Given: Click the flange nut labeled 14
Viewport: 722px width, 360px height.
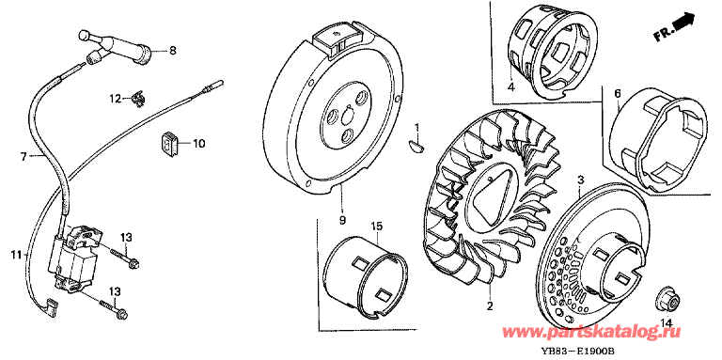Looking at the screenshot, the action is [x=665, y=300].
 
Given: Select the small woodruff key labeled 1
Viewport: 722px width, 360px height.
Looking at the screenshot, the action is [x=417, y=145].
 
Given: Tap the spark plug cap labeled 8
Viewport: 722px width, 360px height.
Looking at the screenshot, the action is [x=115, y=47].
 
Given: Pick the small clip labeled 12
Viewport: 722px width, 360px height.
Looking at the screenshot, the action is [x=137, y=99].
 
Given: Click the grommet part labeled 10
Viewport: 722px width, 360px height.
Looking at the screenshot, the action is [x=169, y=144].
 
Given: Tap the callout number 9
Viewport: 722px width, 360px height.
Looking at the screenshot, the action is [x=342, y=220].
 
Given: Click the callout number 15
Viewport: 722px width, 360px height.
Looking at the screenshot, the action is [x=377, y=226].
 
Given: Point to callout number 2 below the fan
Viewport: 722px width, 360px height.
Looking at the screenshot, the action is [x=490, y=305].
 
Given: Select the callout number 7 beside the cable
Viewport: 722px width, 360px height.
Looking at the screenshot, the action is [x=24, y=157].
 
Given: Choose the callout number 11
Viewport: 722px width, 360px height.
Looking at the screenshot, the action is [x=17, y=254].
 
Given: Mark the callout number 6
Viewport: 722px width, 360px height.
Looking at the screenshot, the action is [x=617, y=93].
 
